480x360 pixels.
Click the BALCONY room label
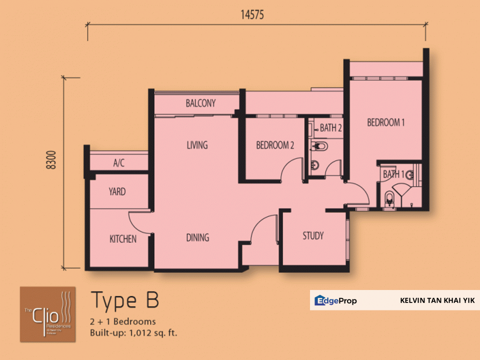pos(200,103)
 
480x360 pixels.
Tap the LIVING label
pos(197,145)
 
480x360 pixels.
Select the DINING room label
pos(197,237)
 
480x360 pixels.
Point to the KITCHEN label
pos(123,239)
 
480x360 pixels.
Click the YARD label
pos(117,192)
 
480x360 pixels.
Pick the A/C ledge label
pos(118,163)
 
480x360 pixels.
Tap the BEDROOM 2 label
pos(275,145)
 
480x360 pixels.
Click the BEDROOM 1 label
pos(386,122)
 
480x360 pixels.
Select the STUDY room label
pos(313,235)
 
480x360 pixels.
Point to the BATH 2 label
pos(330,128)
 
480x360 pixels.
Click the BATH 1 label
pos(393,174)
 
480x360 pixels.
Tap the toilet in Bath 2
pos(318,146)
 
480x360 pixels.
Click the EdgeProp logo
pos(335,300)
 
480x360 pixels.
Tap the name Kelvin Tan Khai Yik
pos(437,301)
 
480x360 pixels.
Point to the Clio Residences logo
pos(48,314)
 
